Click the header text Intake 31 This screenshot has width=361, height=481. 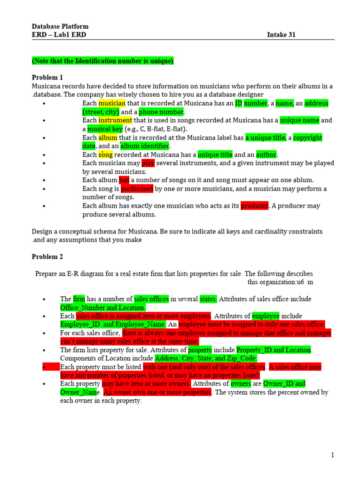click(281, 35)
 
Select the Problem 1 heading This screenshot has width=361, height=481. click(47, 78)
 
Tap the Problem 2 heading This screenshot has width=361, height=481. click(47, 257)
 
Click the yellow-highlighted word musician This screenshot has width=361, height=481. click(112, 103)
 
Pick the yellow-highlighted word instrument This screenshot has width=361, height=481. click(115, 120)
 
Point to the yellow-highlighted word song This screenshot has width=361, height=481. click(105, 155)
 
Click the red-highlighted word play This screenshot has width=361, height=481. click(148, 163)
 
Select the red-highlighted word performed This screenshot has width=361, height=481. click(137, 189)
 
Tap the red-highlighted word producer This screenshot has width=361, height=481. click(254, 206)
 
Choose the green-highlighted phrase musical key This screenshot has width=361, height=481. click(105, 129)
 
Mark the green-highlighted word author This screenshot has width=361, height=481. click(266, 155)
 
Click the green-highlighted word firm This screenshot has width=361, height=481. click(79, 299)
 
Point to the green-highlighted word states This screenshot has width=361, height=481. click(208, 299)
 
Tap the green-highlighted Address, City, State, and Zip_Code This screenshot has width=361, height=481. click(206, 358)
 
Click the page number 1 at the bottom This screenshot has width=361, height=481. click(332, 455)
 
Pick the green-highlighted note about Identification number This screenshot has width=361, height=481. click(102, 61)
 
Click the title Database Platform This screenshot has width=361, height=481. click(60, 26)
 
